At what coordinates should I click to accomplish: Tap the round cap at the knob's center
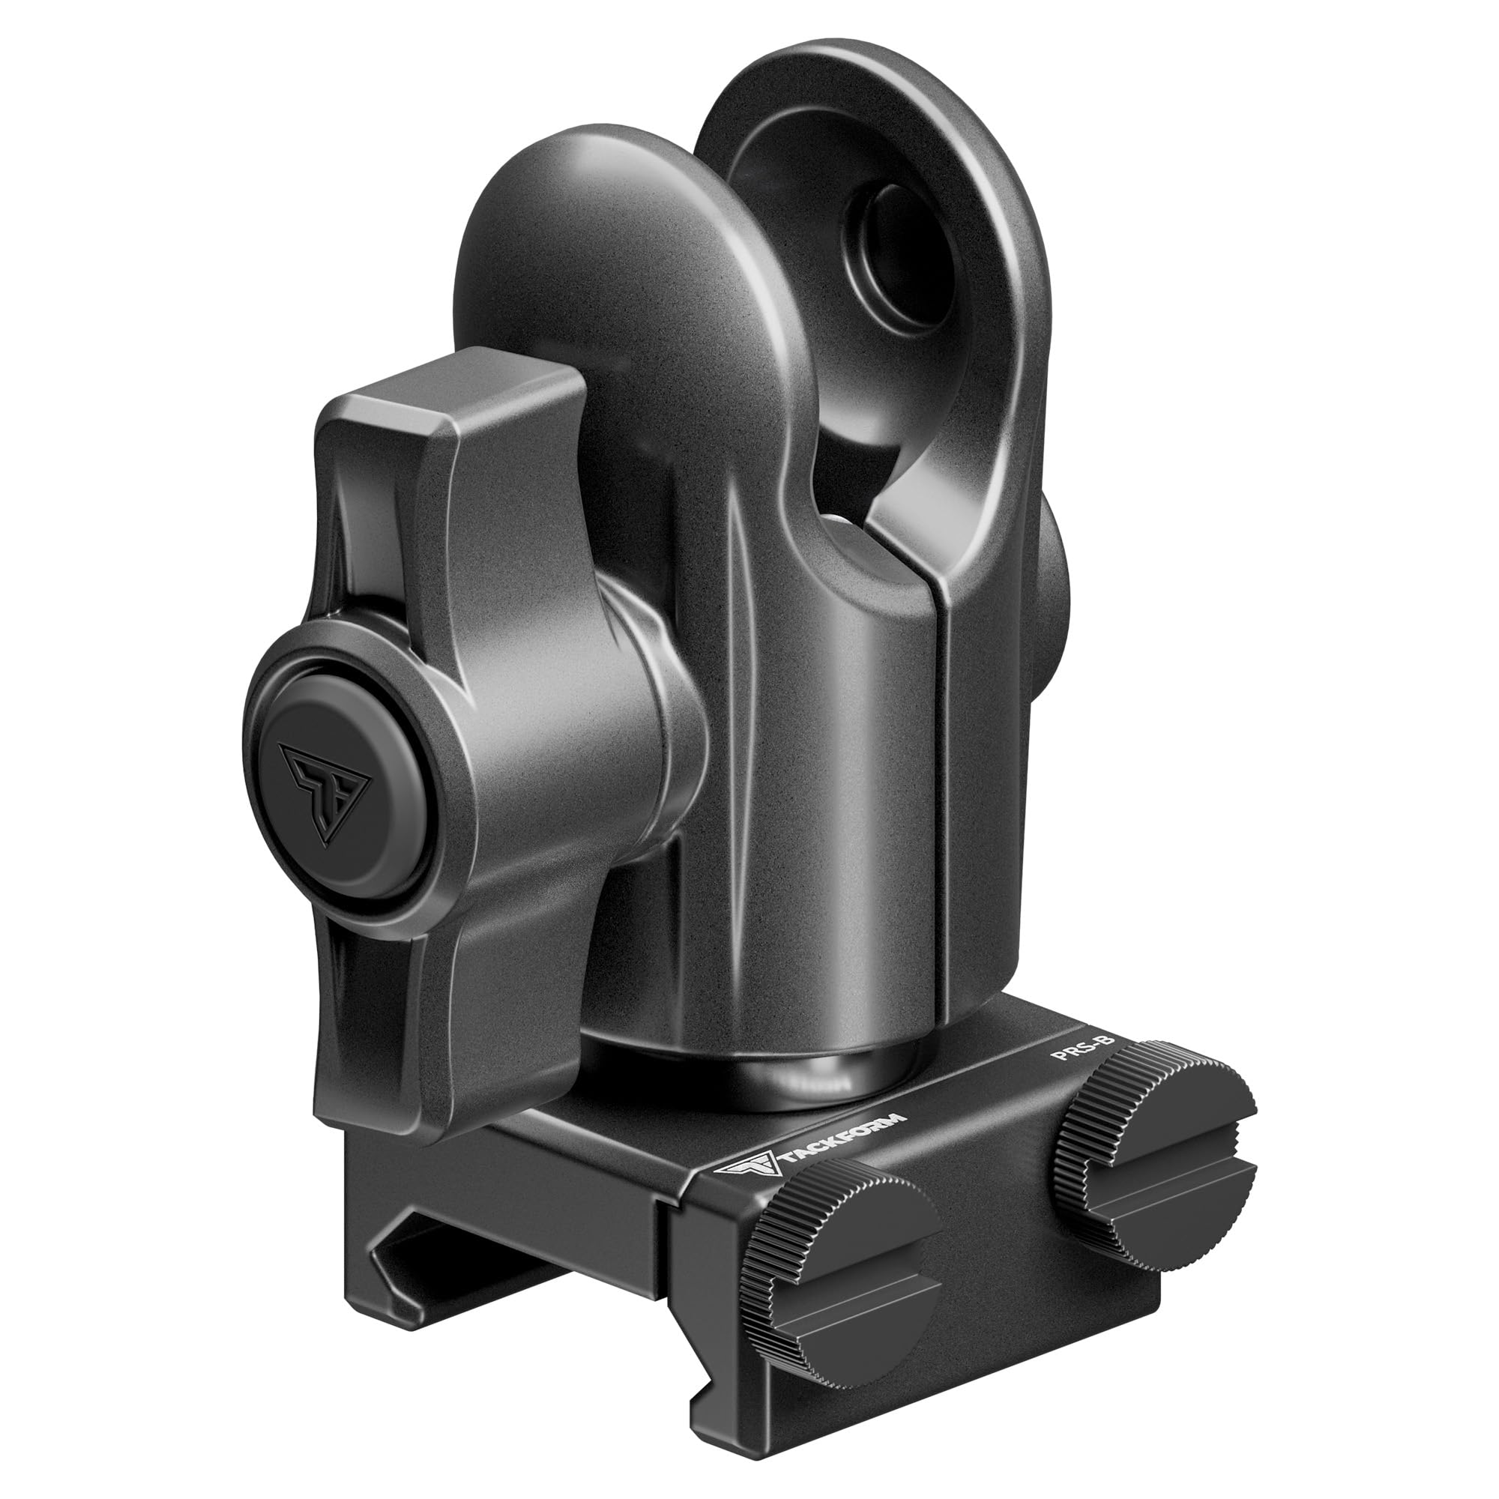tap(341, 776)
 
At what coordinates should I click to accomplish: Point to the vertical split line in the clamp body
tap(941, 776)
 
